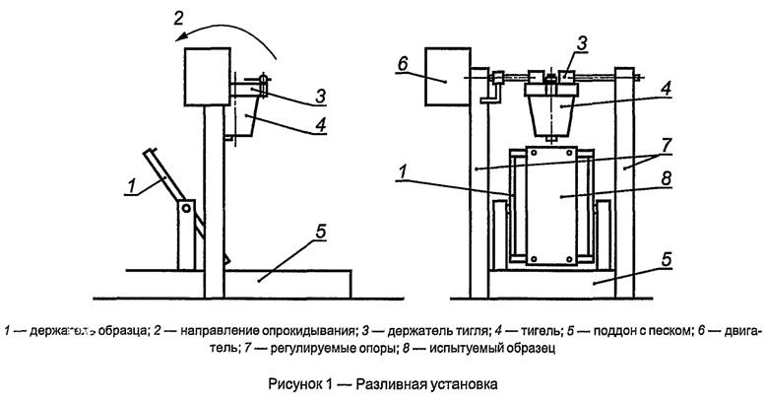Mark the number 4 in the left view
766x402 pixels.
(296, 125)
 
